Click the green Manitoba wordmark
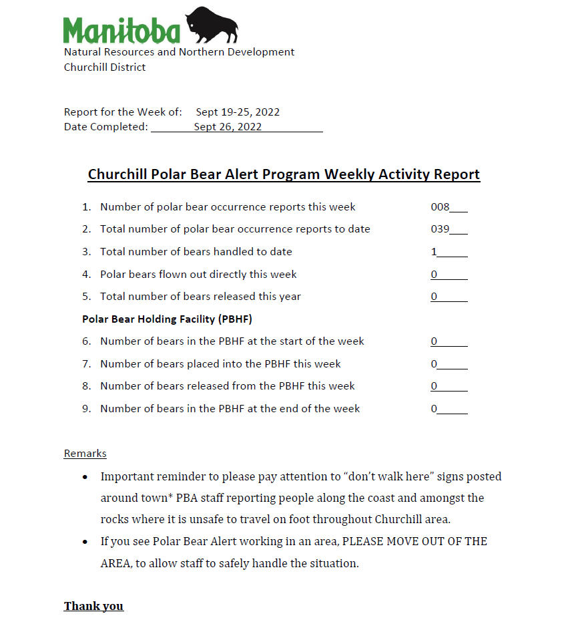[x=121, y=31]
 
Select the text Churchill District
[x=105, y=67]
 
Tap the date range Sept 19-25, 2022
[x=238, y=112]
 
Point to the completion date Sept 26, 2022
[x=228, y=127]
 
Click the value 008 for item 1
[x=441, y=207]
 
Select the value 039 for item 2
[x=441, y=229]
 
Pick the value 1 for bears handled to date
[x=434, y=252]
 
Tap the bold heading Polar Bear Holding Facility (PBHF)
[x=167, y=319]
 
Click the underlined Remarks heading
[x=85, y=454]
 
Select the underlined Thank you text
[x=93, y=606]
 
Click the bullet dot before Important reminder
[x=85, y=477]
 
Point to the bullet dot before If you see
[x=85, y=542]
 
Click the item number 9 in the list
[x=86, y=408]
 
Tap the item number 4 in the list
[x=86, y=274]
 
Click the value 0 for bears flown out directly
[x=434, y=275]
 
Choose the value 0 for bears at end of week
[x=434, y=409]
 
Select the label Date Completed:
[x=106, y=127]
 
